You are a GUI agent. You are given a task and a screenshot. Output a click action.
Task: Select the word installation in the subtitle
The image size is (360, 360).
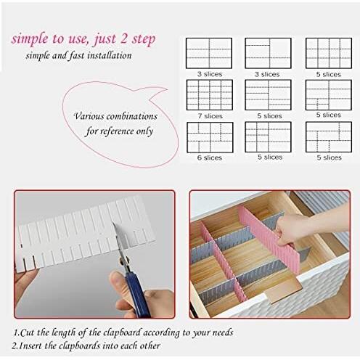click(x=111, y=56)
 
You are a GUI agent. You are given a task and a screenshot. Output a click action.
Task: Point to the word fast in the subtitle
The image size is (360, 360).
click(x=76, y=56)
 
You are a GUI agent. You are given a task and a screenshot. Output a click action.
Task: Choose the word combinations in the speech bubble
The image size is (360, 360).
click(x=135, y=116)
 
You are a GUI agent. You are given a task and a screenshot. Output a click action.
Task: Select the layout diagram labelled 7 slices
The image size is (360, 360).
click(x=209, y=94)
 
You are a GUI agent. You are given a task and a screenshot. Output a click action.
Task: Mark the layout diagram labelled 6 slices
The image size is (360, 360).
click(x=209, y=136)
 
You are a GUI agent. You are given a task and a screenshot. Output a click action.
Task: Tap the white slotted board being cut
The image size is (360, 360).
click(x=80, y=232)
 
